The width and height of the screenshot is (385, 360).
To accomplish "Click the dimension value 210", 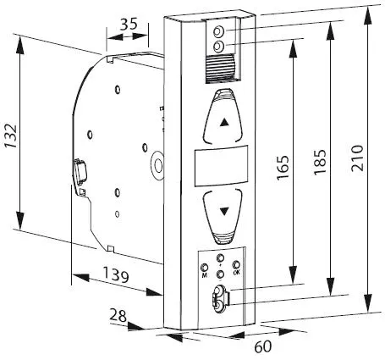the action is click(x=358, y=158).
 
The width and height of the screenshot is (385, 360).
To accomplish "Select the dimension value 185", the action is click(x=321, y=162).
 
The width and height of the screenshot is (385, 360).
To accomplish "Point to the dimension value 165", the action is click(x=283, y=167).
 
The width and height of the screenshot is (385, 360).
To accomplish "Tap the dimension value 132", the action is click(x=11, y=136).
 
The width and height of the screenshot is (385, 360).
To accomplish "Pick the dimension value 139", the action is click(x=116, y=274).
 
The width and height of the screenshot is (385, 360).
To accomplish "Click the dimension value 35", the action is click(x=129, y=25).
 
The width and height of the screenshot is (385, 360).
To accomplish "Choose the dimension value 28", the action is click(x=118, y=315).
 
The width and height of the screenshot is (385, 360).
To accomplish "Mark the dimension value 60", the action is click(x=263, y=346).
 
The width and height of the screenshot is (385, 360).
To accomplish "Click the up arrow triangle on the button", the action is click(x=224, y=122).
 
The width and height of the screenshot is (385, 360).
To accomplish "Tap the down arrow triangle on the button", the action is click(x=224, y=211).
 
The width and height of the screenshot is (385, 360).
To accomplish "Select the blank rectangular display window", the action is click(x=222, y=166).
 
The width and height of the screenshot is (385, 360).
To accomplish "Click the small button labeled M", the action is click(x=204, y=268).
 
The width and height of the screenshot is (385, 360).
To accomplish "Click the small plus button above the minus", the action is click(x=220, y=258).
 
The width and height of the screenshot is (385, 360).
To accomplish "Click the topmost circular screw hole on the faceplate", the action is click(x=219, y=32).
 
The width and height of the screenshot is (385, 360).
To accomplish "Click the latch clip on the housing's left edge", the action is click(x=80, y=170).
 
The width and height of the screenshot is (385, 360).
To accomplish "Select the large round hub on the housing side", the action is click(x=157, y=166).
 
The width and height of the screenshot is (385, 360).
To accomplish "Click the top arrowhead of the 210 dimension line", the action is click(x=367, y=14).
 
